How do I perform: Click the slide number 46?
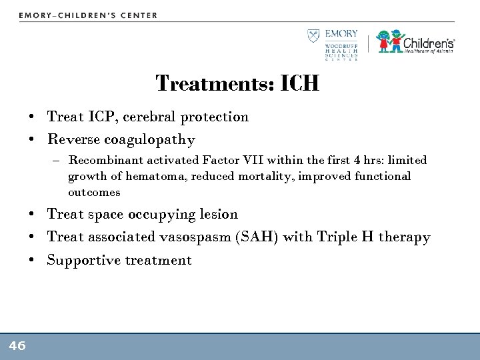(17, 345)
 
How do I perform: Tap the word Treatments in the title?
(209, 84)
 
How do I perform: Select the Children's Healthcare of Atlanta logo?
(416, 41)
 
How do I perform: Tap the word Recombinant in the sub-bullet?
(101, 161)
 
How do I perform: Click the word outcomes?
(94, 193)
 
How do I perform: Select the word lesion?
(219, 215)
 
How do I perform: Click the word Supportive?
(83, 261)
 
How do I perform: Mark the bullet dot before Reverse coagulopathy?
(32, 141)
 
